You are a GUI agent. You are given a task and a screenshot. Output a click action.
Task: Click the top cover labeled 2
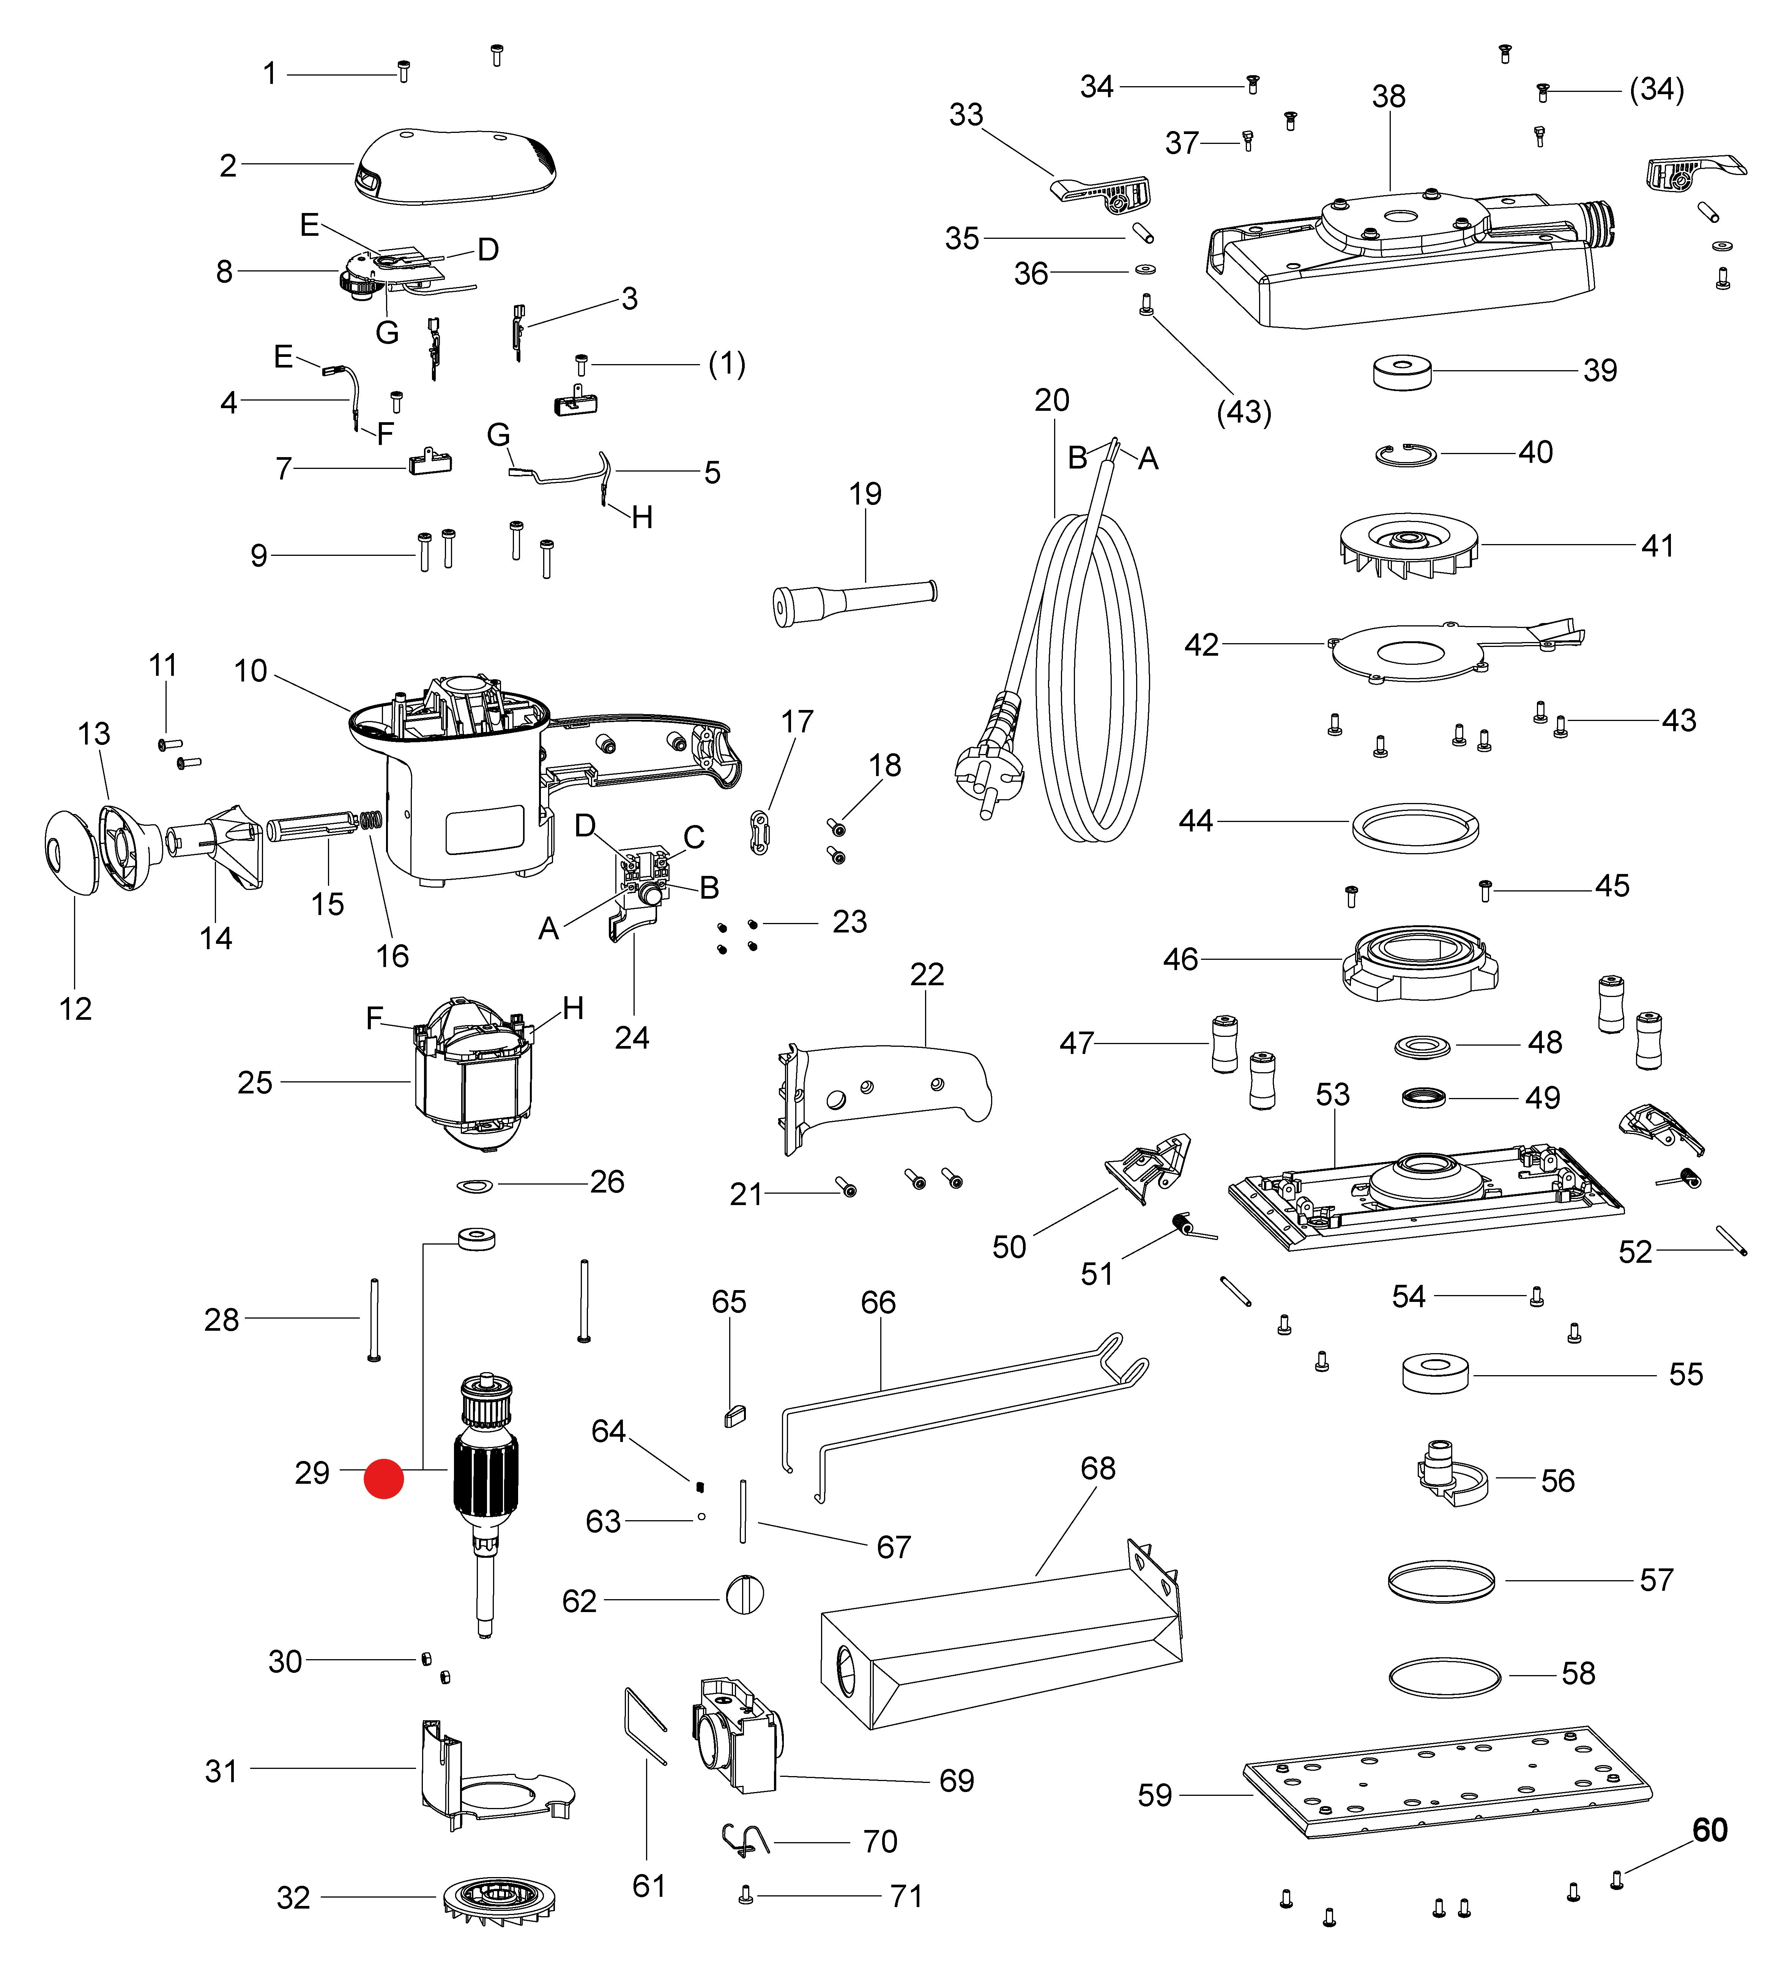[x=456, y=166]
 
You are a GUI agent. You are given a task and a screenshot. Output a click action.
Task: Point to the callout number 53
[x=1332, y=1093]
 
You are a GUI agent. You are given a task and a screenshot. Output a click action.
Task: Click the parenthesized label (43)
[x=1243, y=412]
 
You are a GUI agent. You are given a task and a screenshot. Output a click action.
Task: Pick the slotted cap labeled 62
[x=744, y=1595]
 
